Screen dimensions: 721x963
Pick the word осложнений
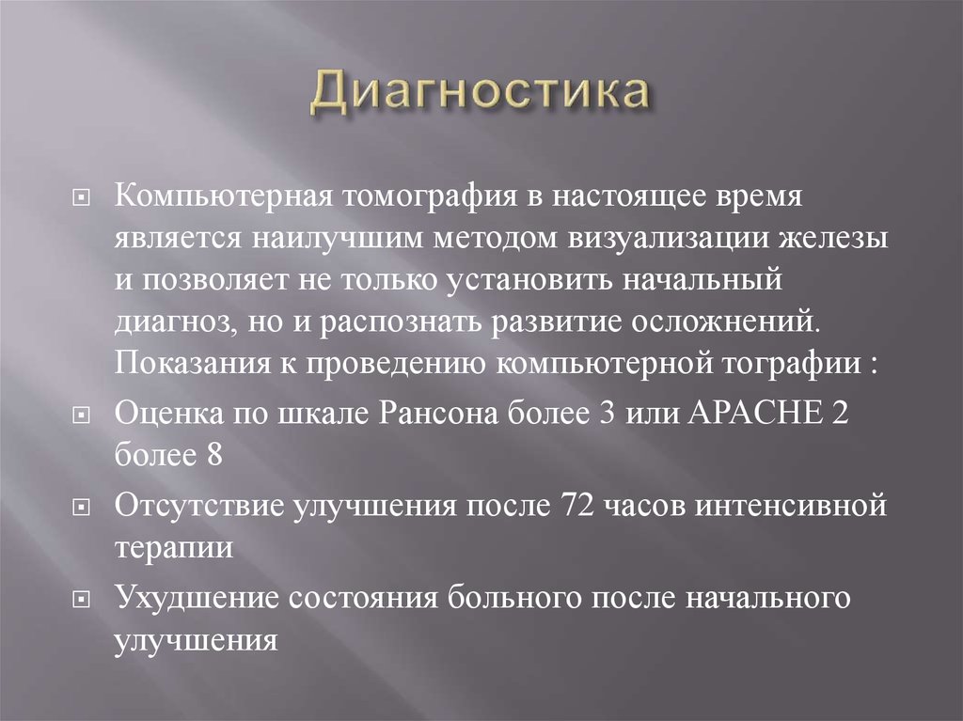coord(747,321)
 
